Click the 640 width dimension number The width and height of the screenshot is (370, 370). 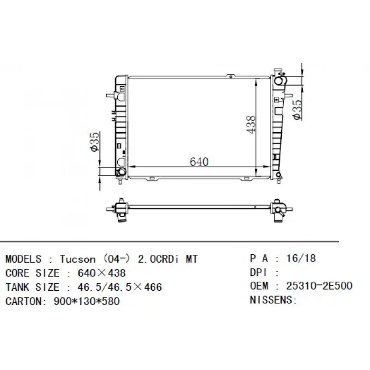199,161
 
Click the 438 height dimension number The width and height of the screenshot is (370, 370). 251,124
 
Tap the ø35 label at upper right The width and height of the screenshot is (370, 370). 297,109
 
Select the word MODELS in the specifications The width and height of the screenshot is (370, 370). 23,259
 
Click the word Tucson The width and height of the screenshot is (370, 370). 78,259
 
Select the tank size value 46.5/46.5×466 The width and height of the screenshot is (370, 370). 119,288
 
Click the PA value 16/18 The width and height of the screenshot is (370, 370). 300,258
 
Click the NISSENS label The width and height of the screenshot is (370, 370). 273,300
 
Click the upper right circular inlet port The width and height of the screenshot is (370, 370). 280,80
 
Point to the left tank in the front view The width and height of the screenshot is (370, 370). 121,127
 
